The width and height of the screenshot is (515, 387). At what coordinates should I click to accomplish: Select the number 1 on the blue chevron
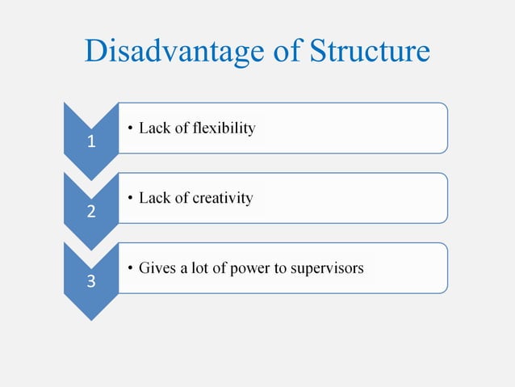[91, 143]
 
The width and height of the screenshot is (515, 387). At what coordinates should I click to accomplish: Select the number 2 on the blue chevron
[91, 213]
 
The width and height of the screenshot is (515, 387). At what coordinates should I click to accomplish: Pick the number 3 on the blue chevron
[91, 283]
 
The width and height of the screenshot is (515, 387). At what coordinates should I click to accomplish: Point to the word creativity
[220, 199]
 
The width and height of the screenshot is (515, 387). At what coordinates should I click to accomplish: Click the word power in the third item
[252, 268]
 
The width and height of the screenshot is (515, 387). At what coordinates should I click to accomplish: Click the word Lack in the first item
[153, 128]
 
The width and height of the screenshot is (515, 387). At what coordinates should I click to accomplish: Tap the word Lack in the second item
[153, 199]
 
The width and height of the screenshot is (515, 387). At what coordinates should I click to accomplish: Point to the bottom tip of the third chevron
[91, 320]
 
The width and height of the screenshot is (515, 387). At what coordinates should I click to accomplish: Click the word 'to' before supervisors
[283, 268]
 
